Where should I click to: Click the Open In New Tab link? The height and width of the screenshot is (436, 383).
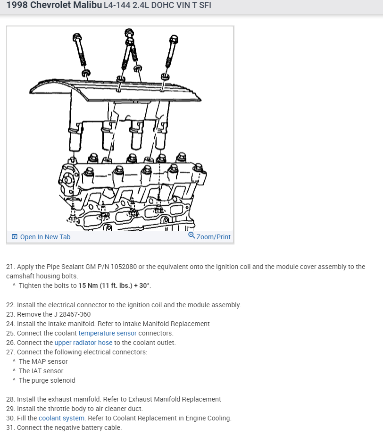coord(45,237)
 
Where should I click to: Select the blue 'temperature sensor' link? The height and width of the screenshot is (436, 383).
coord(108,333)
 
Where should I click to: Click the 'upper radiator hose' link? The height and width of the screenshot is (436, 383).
coord(83,343)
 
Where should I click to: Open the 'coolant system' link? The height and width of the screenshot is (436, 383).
coord(61,418)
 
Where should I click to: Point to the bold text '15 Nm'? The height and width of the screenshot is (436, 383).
coord(88,286)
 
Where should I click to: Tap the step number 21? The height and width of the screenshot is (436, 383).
coord(10,267)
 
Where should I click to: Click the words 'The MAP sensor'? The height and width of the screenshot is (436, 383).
coord(43,361)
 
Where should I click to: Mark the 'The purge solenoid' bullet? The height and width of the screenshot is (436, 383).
coord(47,380)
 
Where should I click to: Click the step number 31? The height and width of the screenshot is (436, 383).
coord(10,428)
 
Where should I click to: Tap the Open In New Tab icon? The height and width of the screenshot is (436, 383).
coord(15,237)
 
